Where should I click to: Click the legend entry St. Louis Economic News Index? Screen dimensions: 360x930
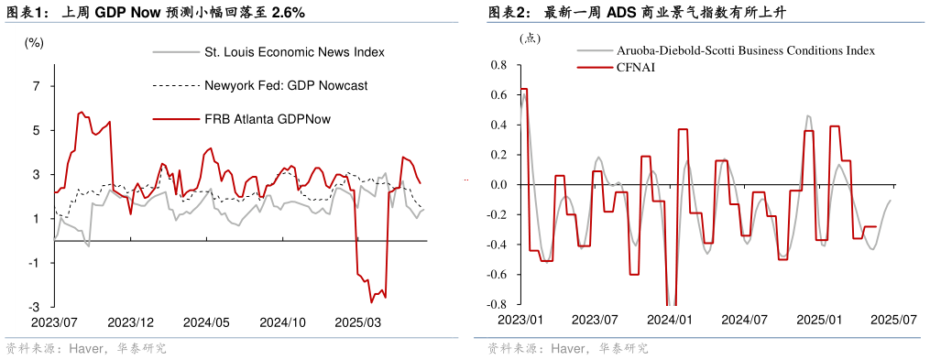[293, 52]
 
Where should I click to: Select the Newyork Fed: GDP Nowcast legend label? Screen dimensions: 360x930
[286, 85]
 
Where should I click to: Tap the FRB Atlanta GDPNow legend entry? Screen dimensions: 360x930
[268, 119]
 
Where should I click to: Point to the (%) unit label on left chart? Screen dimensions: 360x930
[34, 42]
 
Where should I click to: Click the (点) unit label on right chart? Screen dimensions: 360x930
[531, 38]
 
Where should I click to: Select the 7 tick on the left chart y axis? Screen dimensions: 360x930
[37, 86]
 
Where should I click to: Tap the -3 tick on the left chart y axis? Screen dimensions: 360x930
[34, 307]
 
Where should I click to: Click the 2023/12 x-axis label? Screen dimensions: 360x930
[131, 322]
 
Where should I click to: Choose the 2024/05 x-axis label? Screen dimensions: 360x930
[207, 322]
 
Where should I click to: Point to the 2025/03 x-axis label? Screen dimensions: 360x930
[358, 322]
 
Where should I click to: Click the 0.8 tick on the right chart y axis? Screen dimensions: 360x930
[499, 65]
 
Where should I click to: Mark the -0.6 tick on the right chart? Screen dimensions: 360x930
[498, 275]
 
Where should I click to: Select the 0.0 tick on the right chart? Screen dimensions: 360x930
[499, 185]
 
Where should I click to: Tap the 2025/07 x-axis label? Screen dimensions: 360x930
[893, 320]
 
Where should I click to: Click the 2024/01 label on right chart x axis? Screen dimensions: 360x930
[671, 320]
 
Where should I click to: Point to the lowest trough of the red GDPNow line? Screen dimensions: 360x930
[372, 301]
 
